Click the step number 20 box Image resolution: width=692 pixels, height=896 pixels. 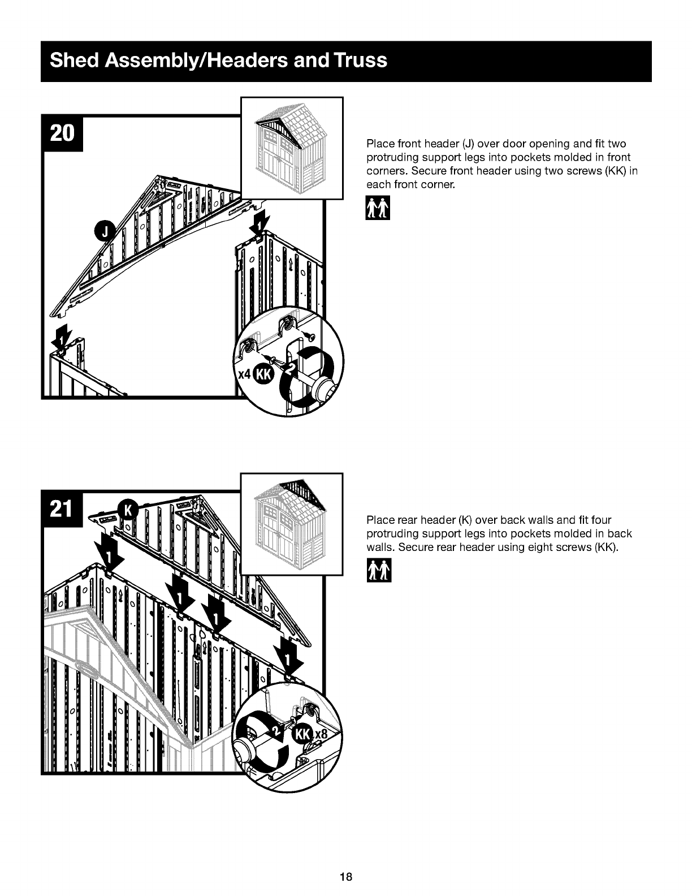(x=62, y=134)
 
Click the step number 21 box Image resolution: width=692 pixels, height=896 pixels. (x=62, y=509)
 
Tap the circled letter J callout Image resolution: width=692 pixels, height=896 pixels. (x=105, y=232)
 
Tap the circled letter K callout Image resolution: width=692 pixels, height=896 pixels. (x=128, y=510)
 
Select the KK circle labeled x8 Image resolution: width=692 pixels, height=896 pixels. (x=302, y=734)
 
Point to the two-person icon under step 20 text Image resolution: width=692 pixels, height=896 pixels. (x=378, y=208)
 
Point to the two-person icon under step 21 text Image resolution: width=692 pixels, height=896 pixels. (x=379, y=570)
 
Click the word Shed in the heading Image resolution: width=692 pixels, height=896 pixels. (x=75, y=60)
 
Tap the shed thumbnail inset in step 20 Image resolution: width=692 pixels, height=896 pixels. (x=292, y=148)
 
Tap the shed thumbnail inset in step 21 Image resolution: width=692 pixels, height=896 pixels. (x=292, y=524)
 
